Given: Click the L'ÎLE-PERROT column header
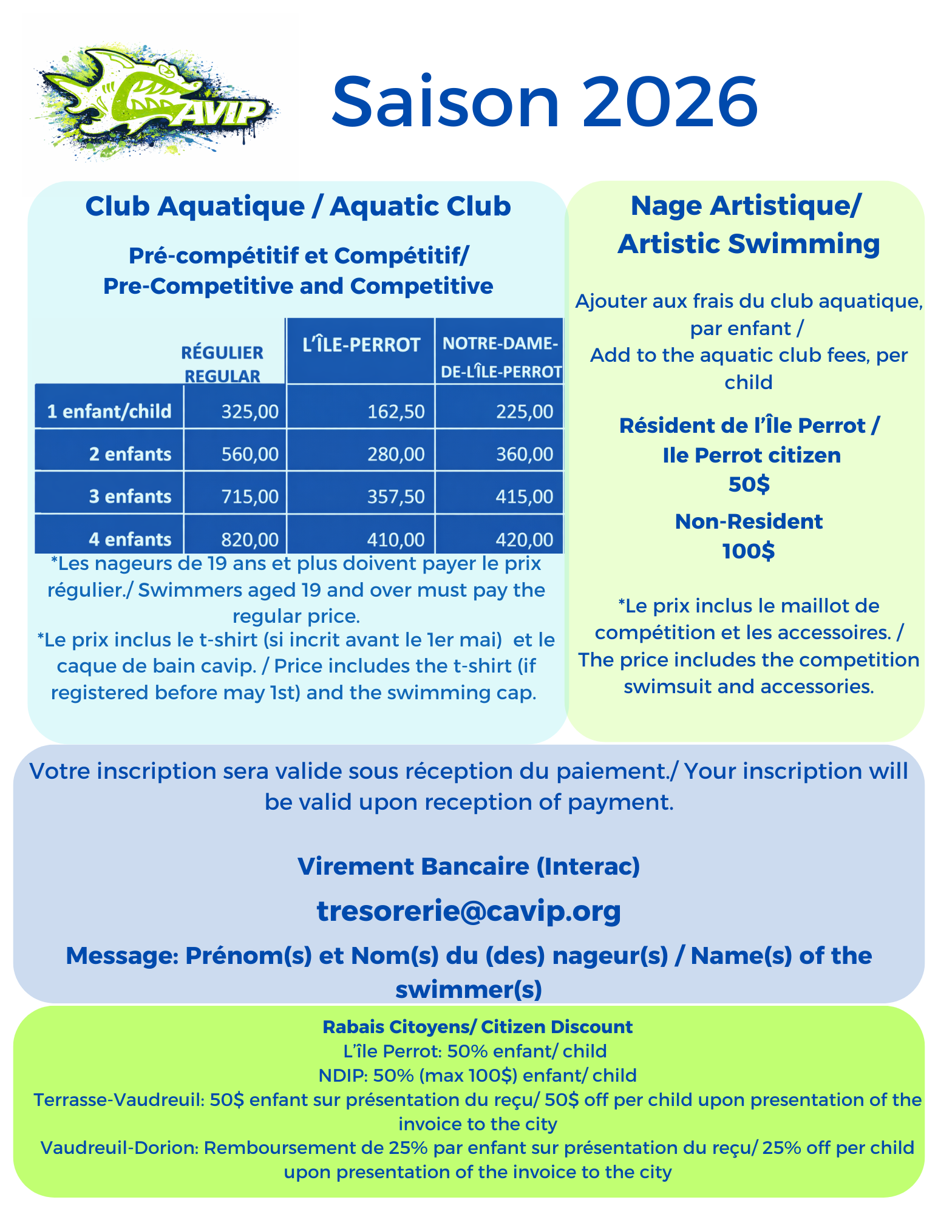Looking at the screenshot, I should tap(361, 345).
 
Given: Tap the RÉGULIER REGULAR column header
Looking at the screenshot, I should tap(222, 364).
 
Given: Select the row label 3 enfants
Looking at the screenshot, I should tap(130, 497).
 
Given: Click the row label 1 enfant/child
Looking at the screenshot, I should tap(109, 412).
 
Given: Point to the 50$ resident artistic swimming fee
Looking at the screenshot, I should tap(749, 484).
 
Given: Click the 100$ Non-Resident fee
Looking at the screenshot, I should tap(749, 551).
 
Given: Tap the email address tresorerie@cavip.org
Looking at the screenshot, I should tap(469, 910).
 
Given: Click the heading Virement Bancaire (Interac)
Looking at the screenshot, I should tap(469, 866).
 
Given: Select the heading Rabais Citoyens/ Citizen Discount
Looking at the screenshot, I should tap(477, 1026).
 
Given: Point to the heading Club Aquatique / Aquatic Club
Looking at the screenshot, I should tap(298, 206).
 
